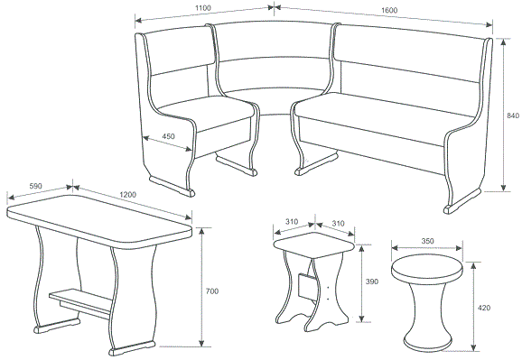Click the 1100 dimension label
(203, 8)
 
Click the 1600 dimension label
(389, 10)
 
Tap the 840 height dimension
(513, 115)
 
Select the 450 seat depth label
(169, 136)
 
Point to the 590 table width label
(35, 186)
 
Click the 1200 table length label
(128, 194)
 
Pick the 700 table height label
(212, 291)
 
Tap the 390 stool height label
(372, 282)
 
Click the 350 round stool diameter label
(428, 241)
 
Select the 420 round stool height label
(484, 308)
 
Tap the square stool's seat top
(314, 245)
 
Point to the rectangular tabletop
(99, 219)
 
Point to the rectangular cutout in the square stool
(307, 285)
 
